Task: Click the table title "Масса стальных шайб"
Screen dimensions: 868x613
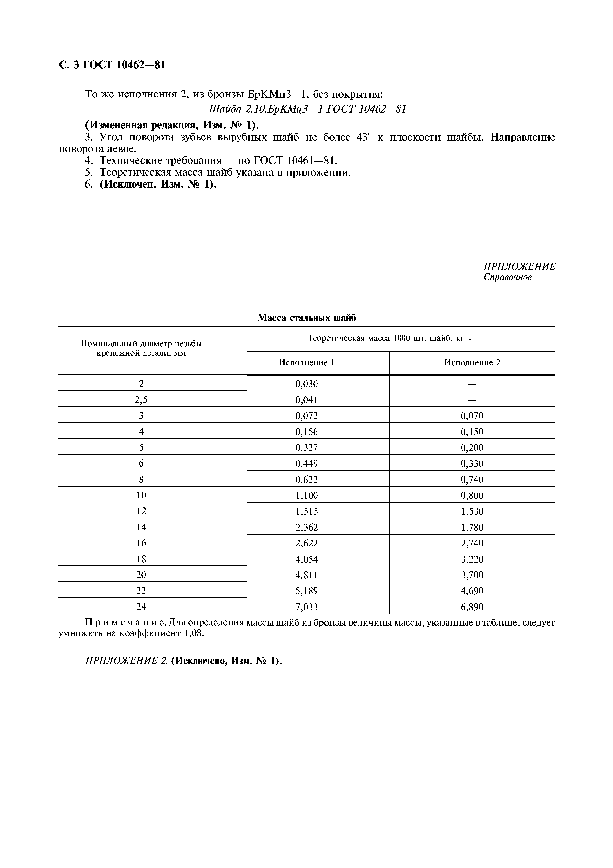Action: tap(306, 318)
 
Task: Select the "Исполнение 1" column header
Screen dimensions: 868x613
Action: tap(306, 363)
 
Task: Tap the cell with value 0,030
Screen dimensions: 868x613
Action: tap(306, 384)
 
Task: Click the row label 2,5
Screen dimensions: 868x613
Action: tap(141, 399)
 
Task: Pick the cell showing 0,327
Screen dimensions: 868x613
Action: tap(306, 448)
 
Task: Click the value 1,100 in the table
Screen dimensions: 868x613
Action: tap(306, 495)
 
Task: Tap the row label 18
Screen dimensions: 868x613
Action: tap(141, 559)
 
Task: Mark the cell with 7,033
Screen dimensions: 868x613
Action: tap(306, 607)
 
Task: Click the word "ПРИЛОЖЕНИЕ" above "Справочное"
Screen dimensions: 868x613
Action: tap(519, 266)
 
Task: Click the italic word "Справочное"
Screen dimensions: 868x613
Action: tap(508, 277)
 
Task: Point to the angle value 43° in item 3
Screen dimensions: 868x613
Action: tap(364, 137)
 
